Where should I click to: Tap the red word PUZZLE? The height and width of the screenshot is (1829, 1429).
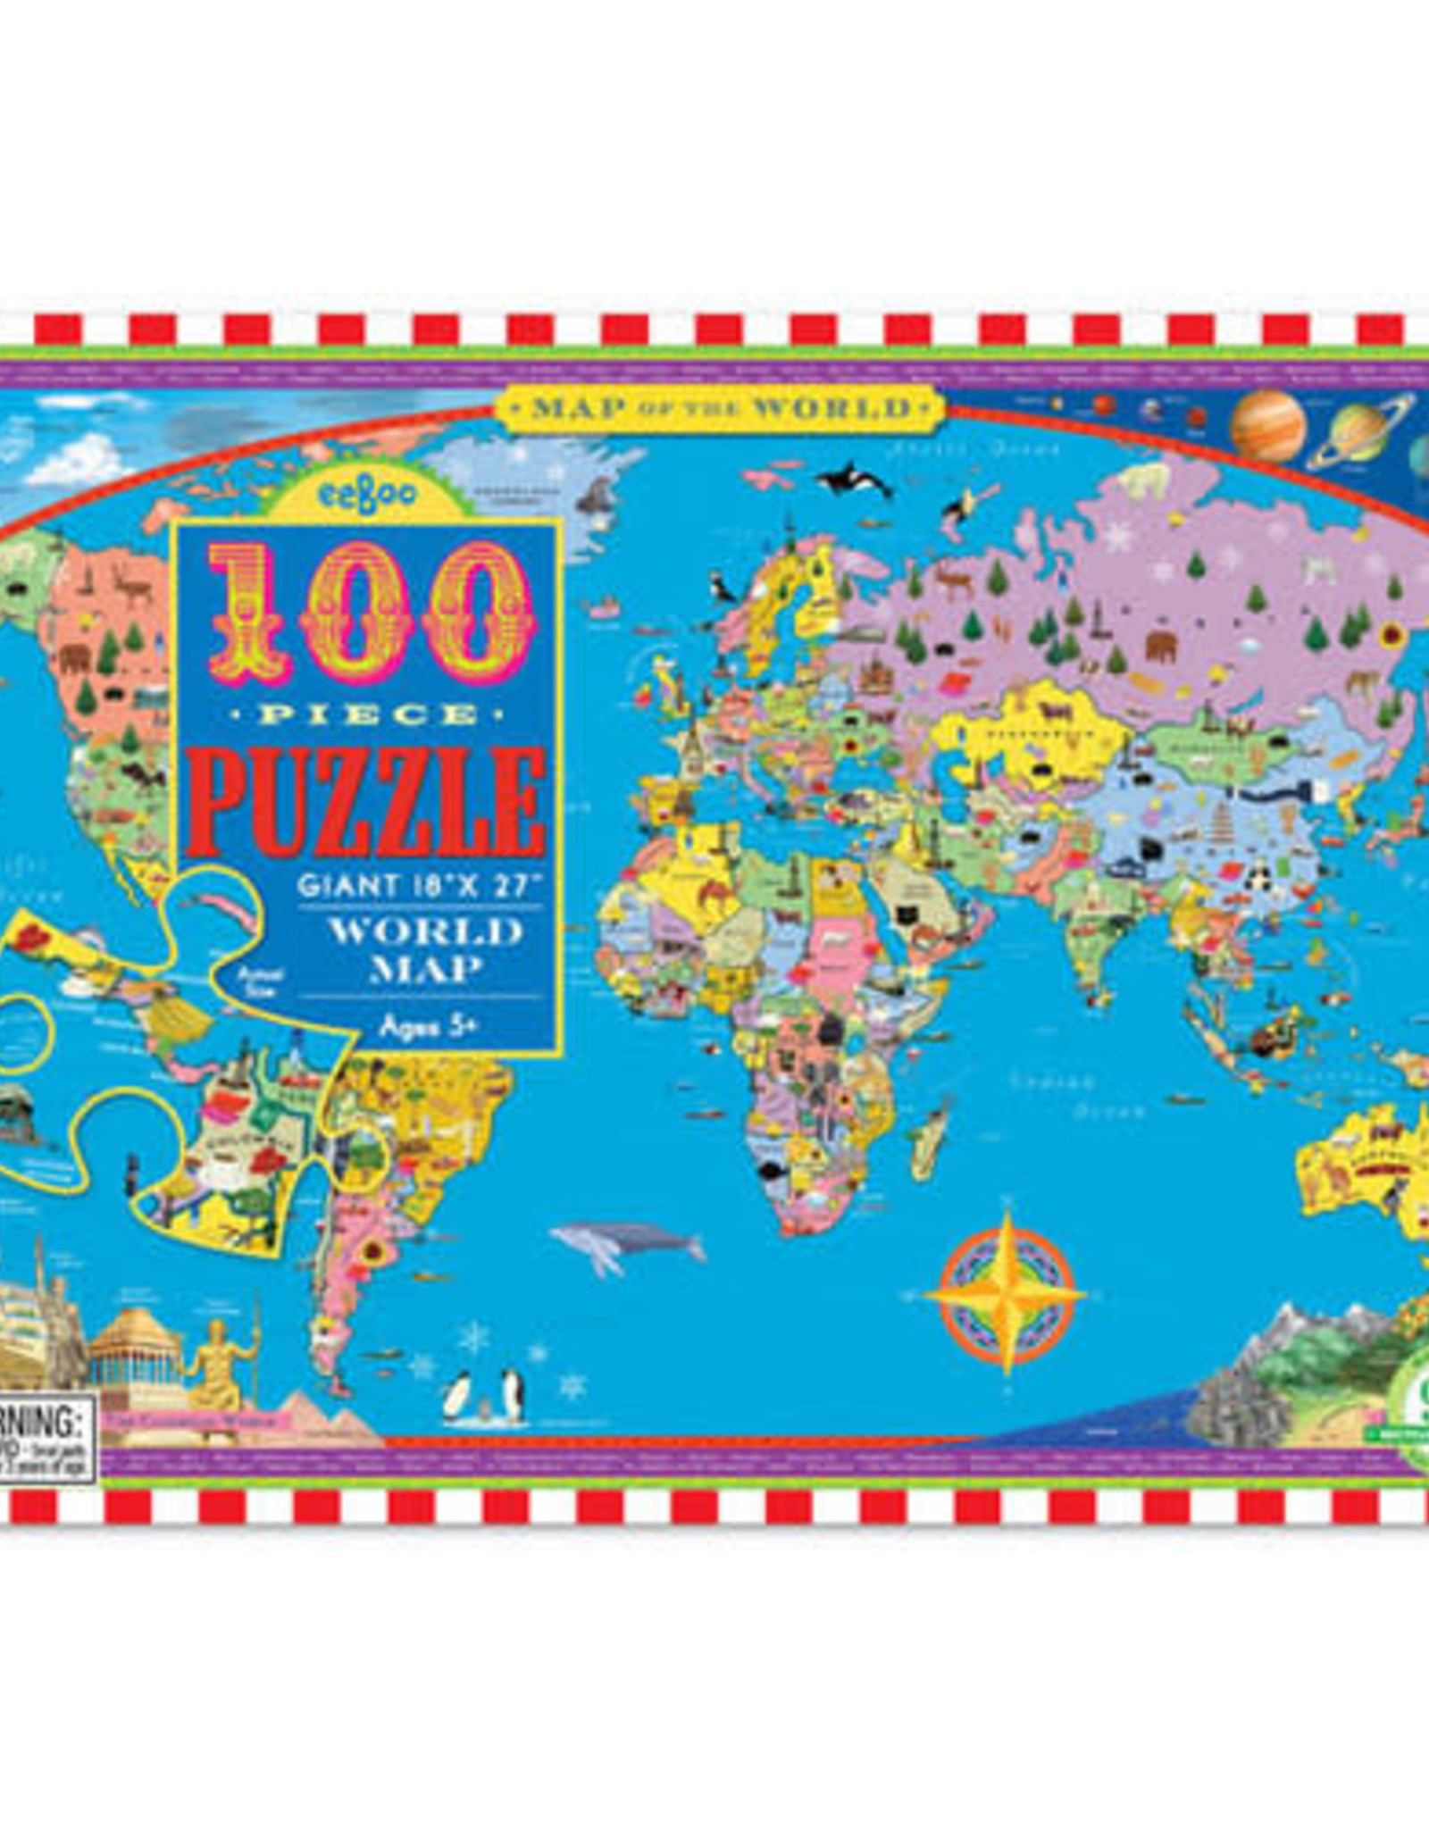pos(366,801)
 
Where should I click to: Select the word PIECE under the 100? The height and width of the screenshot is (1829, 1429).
pos(367,715)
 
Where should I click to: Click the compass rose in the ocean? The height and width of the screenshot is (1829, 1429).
pos(1006,1291)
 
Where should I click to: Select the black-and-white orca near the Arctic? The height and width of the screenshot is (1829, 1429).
pos(856,483)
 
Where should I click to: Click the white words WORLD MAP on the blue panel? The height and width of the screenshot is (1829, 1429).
pos(426,949)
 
